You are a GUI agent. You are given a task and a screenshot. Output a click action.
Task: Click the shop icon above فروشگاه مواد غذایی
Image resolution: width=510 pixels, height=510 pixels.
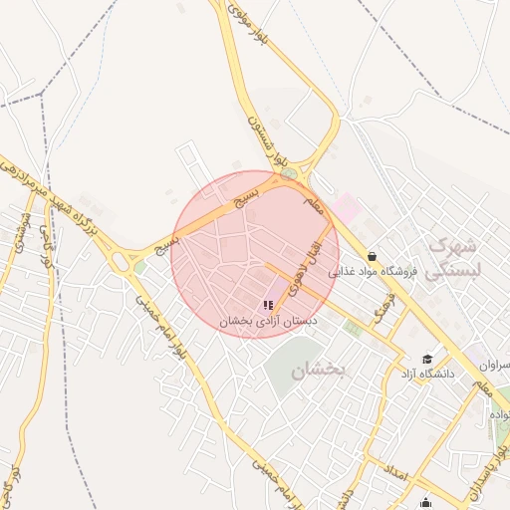pyautogui.click(x=372, y=256)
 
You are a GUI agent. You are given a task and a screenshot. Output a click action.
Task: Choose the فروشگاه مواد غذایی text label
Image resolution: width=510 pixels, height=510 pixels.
pyautogui.click(x=380, y=272)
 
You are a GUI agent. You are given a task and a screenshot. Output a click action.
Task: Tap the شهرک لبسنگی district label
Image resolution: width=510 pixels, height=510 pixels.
pyautogui.click(x=454, y=257)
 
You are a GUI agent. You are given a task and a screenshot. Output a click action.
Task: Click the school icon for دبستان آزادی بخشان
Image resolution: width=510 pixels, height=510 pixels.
pyautogui.click(x=268, y=305)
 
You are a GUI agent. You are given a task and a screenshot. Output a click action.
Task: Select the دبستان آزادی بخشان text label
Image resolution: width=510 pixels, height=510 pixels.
pyautogui.click(x=268, y=322)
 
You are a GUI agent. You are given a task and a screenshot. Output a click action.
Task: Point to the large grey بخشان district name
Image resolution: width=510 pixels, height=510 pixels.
pyautogui.click(x=318, y=371)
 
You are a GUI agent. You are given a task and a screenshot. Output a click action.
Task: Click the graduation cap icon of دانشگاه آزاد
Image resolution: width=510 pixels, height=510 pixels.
pyautogui.click(x=427, y=359)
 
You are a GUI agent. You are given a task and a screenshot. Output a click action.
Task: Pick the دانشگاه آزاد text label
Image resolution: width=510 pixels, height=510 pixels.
pyautogui.click(x=427, y=374)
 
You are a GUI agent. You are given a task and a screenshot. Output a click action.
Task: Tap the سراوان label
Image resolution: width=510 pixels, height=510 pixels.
pyautogui.click(x=494, y=366)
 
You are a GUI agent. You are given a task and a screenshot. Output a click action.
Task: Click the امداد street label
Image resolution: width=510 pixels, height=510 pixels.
pyautogui.click(x=395, y=473)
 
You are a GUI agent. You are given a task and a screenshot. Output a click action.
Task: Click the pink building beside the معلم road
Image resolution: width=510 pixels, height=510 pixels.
pyautogui.click(x=346, y=207)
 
